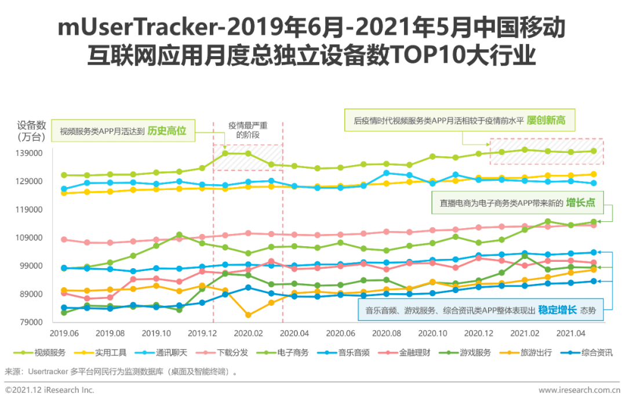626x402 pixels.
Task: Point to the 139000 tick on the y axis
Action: (x=30, y=154)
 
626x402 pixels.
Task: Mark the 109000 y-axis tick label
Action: (x=30, y=238)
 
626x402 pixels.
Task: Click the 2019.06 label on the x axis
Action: (x=64, y=333)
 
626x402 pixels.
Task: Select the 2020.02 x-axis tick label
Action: (x=248, y=333)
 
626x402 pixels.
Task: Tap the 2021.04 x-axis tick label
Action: (x=571, y=333)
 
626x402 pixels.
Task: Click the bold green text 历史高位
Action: (x=166, y=130)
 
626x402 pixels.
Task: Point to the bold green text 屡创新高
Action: (x=546, y=120)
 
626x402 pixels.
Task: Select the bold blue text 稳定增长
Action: (x=558, y=310)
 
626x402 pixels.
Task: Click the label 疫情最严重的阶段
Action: (x=248, y=130)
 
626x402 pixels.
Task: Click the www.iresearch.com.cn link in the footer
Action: (x=579, y=390)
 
